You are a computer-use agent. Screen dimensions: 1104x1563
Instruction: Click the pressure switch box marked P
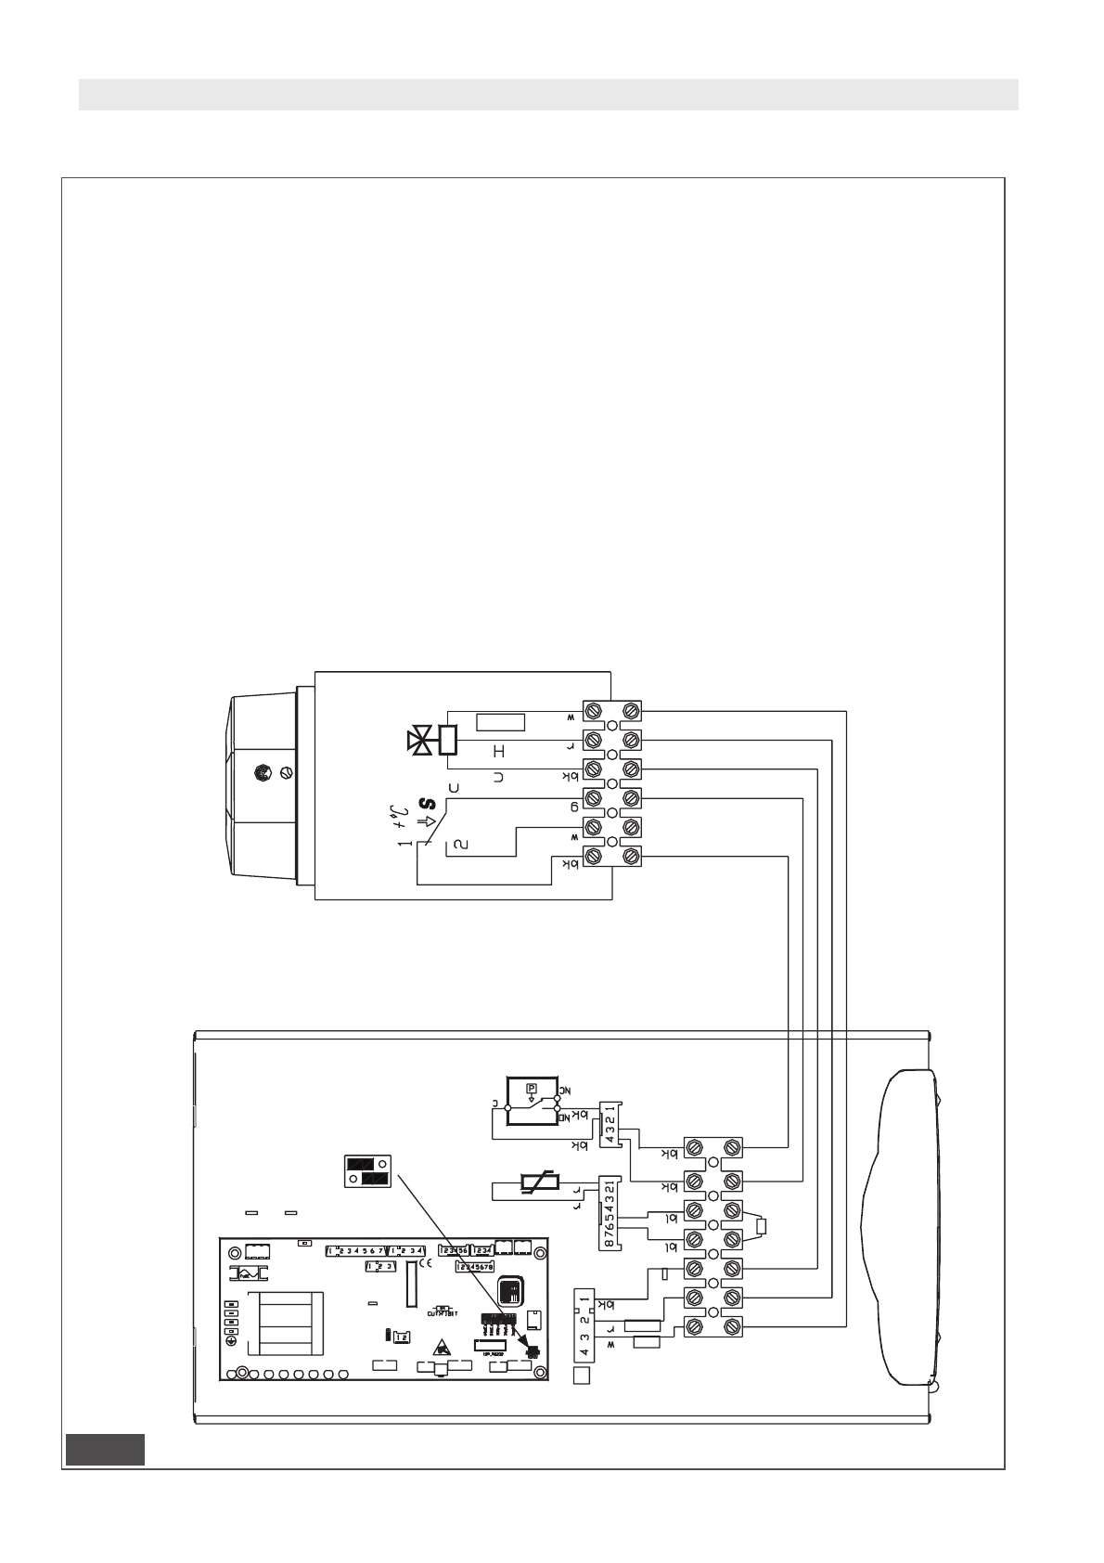(x=532, y=1101)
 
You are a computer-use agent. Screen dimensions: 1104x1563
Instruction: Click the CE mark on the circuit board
(x=426, y=1263)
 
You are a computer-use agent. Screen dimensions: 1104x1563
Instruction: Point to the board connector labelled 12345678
(x=475, y=1266)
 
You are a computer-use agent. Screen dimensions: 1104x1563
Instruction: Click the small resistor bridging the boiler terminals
(x=762, y=1227)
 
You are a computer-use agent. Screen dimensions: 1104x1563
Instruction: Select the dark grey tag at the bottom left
(x=105, y=1449)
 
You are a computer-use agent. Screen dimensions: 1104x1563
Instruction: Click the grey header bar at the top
(x=548, y=95)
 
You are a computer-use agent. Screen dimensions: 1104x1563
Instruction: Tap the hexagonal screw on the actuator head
(x=263, y=770)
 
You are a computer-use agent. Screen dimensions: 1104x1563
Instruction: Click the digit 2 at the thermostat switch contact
(x=456, y=845)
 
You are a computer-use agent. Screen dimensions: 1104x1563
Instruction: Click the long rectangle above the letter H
(x=500, y=721)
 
